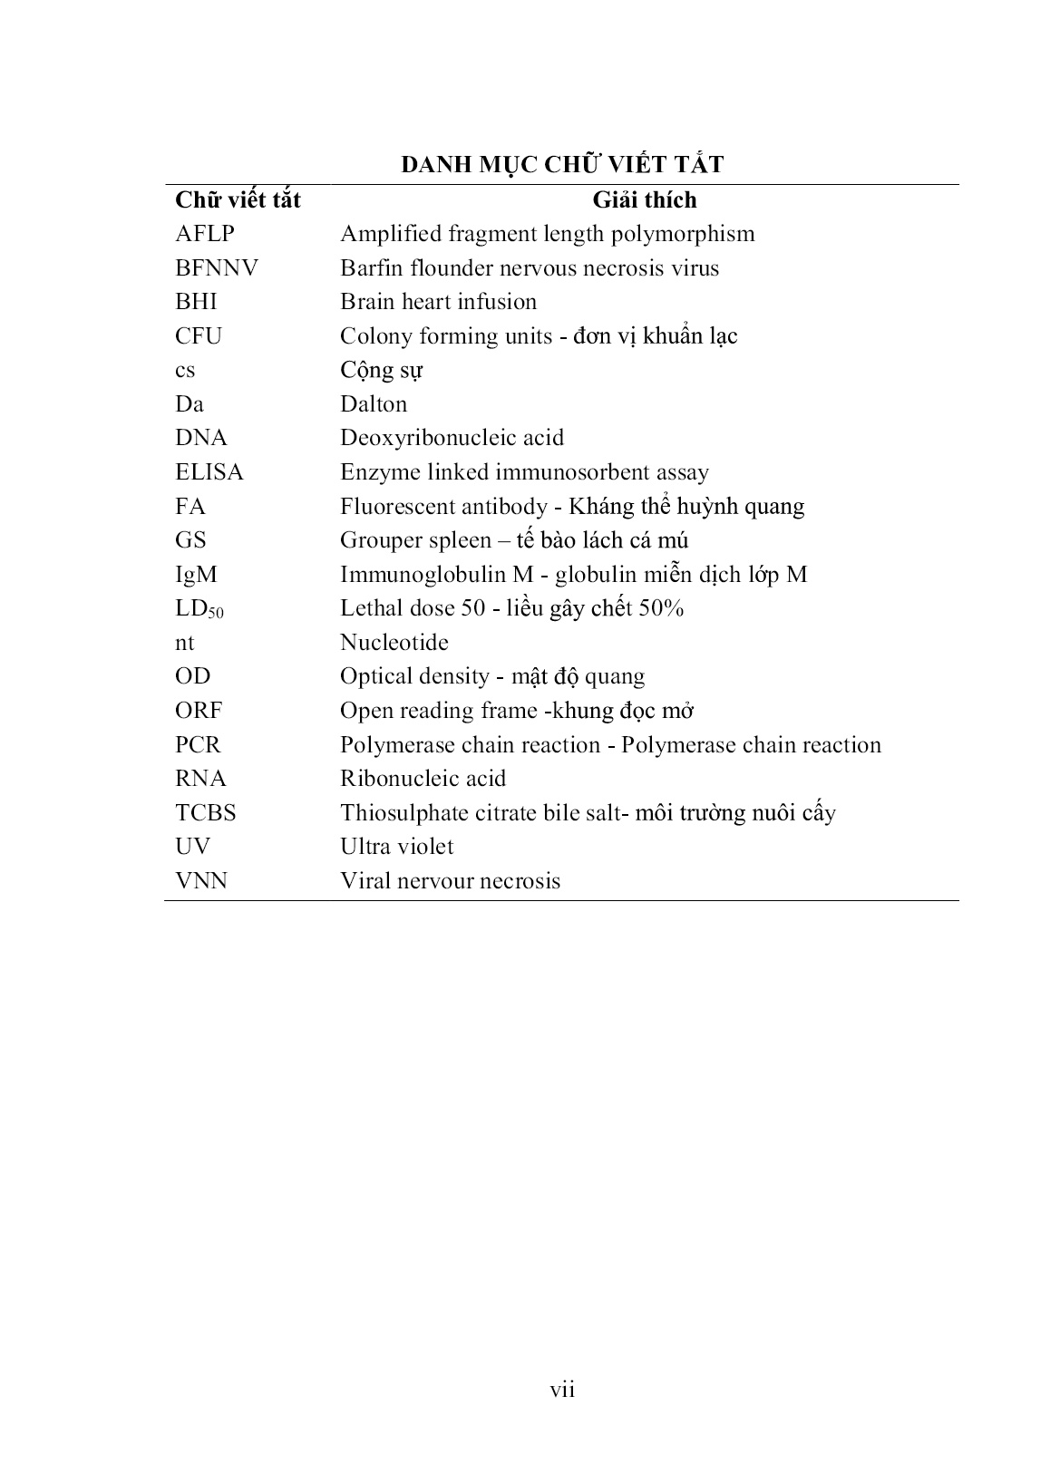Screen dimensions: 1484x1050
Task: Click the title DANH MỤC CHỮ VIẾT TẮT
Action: tap(562, 165)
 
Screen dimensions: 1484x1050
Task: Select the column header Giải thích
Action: tap(644, 199)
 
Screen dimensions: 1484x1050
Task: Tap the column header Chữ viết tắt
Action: tap(238, 199)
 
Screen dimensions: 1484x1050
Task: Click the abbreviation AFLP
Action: tap(205, 234)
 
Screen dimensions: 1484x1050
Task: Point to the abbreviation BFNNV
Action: tap(217, 268)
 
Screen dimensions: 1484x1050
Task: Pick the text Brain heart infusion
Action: tap(438, 302)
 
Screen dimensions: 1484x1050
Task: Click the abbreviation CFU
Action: tap(199, 336)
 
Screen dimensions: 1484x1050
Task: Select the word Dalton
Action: tap(374, 404)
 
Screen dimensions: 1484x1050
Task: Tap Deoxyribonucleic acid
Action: tap(452, 438)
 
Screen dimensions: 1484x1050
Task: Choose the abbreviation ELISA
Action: tap(209, 472)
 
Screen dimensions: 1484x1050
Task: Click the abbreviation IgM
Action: tap(196, 575)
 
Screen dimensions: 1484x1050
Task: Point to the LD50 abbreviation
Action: tap(199, 609)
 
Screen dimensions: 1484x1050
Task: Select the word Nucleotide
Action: tap(394, 643)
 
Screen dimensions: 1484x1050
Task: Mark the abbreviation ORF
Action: tap(199, 711)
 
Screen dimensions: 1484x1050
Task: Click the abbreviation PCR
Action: tap(198, 745)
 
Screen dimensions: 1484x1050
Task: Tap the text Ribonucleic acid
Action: tap(423, 779)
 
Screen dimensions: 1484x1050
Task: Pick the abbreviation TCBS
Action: tap(206, 813)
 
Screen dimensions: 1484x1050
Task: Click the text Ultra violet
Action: tap(396, 847)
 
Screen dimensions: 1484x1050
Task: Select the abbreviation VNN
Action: tap(201, 881)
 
